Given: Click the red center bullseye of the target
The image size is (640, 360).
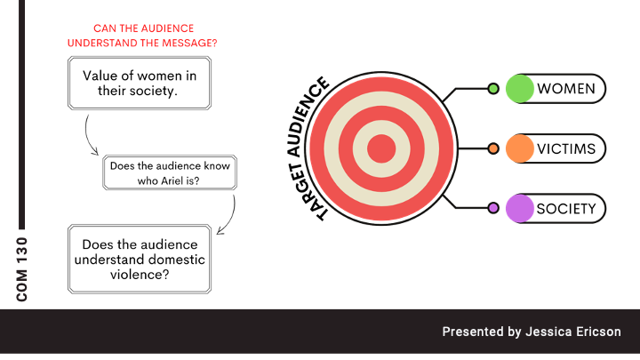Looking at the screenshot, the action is click(x=382, y=148).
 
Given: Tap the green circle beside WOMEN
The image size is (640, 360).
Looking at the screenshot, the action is click(x=520, y=89).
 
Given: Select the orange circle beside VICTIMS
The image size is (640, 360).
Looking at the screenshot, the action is click(x=520, y=148).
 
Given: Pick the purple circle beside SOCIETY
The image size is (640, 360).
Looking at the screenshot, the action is click(x=520, y=209).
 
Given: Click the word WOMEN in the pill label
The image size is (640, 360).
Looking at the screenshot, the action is click(x=566, y=89).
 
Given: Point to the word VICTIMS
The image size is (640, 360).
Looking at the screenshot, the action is click(x=566, y=148).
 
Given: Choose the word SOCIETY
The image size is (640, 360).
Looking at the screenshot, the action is click(x=566, y=209).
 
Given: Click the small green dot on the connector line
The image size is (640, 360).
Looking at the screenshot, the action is click(x=492, y=89).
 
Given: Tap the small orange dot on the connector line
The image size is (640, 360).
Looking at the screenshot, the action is click(x=492, y=148).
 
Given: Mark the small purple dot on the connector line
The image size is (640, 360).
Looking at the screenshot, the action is click(x=492, y=209).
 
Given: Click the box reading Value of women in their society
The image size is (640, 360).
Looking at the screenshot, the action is click(x=140, y=83).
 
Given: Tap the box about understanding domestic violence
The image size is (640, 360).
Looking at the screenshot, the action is click(x=140, y=260).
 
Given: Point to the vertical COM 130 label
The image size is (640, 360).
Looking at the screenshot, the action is click(x=23, y=268).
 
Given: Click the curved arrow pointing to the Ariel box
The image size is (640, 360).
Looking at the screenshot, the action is click(x=89, y=138).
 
